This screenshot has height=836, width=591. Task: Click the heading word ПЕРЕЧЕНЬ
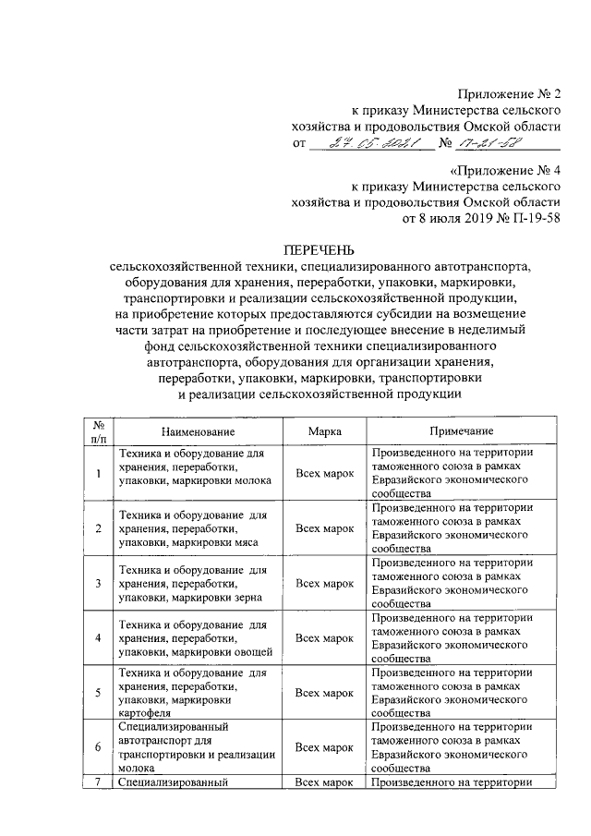pos(319,249)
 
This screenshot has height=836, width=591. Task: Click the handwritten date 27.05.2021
pos(364,145)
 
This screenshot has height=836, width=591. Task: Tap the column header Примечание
pos(461,431)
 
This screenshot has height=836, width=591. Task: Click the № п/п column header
pos(99,431)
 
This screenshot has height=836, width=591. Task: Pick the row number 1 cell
pos(99,474)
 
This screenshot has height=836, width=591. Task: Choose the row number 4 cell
pos(99,638)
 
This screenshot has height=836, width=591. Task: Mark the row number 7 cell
pos(99,783)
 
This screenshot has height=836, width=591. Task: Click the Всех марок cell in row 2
pos(325,528)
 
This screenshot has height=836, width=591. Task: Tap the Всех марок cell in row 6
pos(325,746)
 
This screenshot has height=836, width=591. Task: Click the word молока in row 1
pos(252,480)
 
